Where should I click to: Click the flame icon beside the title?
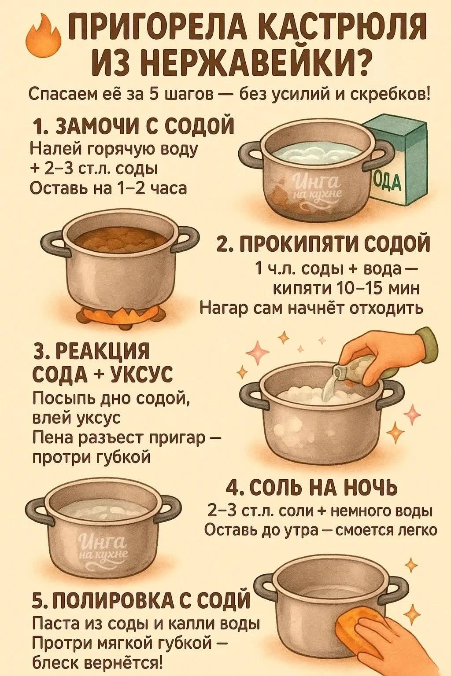(x=43, y=36)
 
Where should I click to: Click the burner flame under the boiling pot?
(x=118, y=313)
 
